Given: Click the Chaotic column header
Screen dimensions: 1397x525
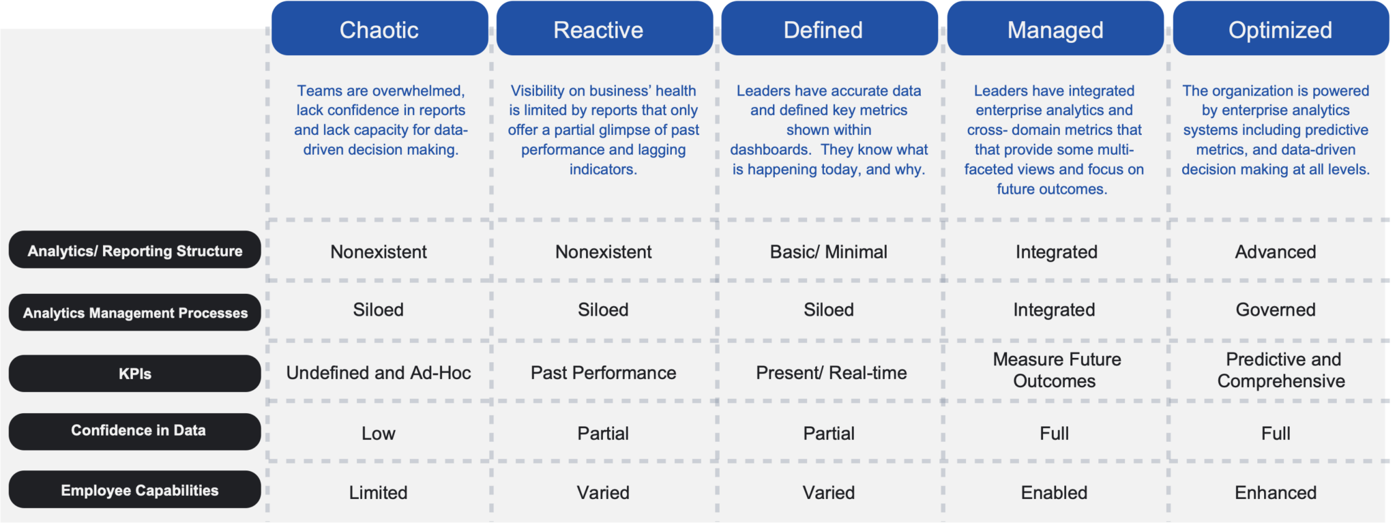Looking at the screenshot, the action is click(x=379, y=29).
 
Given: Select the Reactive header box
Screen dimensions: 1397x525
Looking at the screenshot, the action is click(x=598, y=29).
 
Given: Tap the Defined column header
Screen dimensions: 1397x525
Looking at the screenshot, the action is click(x=823, y=29).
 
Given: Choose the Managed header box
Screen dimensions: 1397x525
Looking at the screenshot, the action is click(x=1055, y=29).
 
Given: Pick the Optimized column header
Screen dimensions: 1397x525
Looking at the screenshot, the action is click(x=1280, y=29).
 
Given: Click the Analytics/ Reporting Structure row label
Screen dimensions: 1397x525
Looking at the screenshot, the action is click(x=134, y=250).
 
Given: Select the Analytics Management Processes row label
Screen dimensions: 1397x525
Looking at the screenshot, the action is click(x=134, y=312).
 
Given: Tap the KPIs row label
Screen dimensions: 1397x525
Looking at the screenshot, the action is click(x=134, y=373).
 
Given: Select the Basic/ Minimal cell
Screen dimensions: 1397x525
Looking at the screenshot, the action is click(x=828, y=252).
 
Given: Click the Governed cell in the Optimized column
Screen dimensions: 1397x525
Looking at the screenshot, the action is click(x=1275, y=310).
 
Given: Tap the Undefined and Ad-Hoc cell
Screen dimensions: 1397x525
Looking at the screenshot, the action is click(x=379, y=372).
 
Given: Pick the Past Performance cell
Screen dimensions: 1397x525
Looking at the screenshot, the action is click(x=603, y=372).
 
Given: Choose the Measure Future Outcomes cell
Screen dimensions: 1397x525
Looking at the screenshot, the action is click(x=1056, y=370).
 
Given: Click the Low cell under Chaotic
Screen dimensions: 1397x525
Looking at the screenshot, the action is click(x=378, y=433).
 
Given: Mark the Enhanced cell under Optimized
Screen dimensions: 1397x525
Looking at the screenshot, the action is click(x=1275, y=492).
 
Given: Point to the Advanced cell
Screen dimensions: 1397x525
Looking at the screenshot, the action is click(x=1275, y=252).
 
